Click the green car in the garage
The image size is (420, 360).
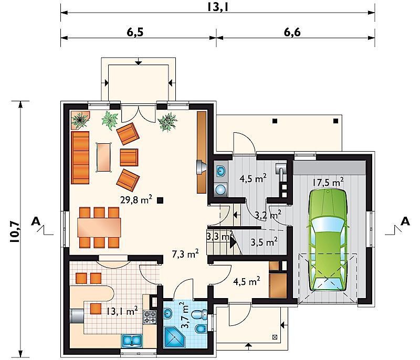coord(327,240)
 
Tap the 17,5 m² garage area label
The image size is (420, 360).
coord(328,182)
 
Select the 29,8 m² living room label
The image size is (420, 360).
coord(136,199)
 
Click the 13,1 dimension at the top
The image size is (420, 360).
coord(217,7)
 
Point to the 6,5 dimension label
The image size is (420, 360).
coord(135,32)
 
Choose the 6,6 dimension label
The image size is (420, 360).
coord(292,32)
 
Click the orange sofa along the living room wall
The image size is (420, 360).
coord(80,157)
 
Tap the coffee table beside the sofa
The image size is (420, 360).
coord(104,157)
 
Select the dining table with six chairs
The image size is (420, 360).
coord(99,227)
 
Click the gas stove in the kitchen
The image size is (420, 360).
coord(150,317)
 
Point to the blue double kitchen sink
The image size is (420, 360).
coord(132,340)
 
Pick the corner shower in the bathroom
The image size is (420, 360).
coord(174,337)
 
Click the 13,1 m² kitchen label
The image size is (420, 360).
coord(122,311)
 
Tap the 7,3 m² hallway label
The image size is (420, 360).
coord(185,254)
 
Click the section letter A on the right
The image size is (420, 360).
coord(405,221)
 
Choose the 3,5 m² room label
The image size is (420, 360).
coord(264,242)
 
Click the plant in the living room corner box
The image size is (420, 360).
coord(80,120)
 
